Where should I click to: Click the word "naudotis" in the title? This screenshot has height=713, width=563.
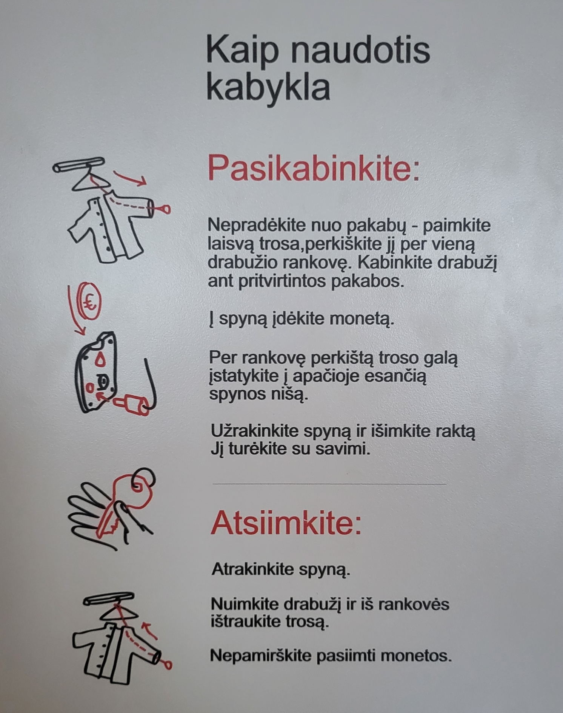tap(360, 51)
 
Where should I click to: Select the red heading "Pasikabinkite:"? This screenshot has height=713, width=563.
tap(314, 169)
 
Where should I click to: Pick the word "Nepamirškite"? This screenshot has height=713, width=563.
tap(261, 656)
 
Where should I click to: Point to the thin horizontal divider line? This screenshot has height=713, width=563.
tap(329, 484)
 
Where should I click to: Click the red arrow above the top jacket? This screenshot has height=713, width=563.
tap(130, 178)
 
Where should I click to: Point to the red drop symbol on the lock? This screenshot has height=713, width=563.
tap(100, 359)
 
